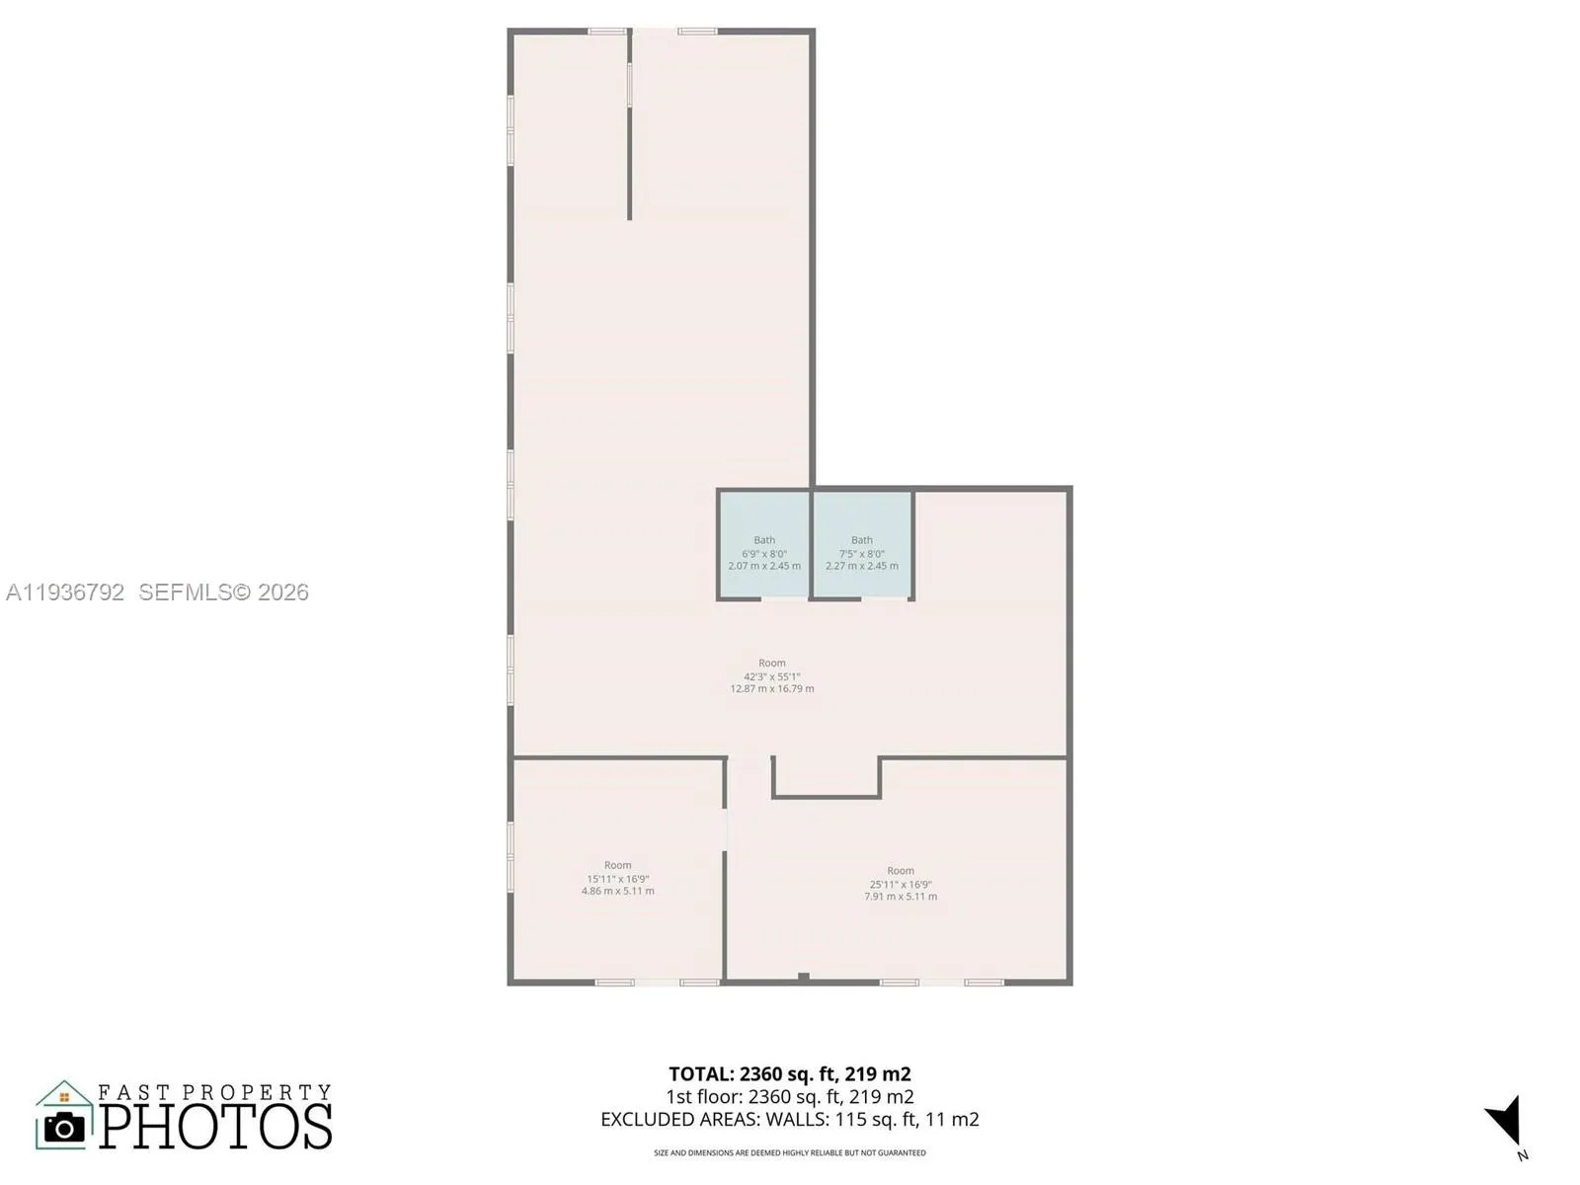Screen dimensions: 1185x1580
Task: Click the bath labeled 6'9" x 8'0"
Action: click(764, 553)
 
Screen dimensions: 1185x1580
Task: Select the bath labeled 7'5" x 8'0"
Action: click(862, 553)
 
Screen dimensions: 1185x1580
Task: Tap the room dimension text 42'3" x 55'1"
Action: click(772, 676)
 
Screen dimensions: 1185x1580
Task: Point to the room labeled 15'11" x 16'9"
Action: click(618, 878)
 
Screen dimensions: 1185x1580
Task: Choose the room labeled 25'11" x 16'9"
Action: click(901, 884)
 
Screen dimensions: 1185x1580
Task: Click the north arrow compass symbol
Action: click(1505, 1123)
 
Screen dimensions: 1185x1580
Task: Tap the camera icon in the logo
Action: click(65, 1127)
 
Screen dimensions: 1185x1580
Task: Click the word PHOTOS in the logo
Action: click(215, 1127)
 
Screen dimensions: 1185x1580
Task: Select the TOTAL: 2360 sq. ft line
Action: click(790, 1074)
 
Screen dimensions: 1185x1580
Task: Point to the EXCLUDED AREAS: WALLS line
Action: click(790, 1120)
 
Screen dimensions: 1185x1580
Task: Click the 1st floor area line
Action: click(790, 1097)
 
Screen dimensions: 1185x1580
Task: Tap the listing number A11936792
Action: click(65, 592)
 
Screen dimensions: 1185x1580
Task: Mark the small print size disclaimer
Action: click(790, 1152)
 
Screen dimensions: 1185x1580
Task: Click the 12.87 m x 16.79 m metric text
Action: click(772, 689)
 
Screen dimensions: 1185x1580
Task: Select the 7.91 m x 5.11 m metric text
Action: click(901, 897)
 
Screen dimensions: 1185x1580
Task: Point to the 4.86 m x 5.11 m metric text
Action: click(618, 891)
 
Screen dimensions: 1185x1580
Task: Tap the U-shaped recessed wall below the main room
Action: click(826, 795)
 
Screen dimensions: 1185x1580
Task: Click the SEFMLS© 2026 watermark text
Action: click(224, 592)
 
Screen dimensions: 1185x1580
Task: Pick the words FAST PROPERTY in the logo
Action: click(214, 1092)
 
